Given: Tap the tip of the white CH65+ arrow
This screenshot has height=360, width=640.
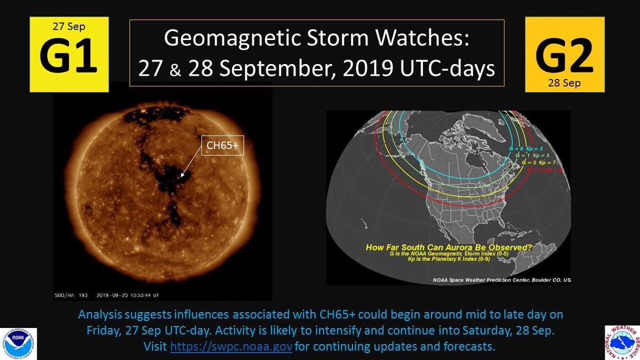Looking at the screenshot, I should pos(182,175).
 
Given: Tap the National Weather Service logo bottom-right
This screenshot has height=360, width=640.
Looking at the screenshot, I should pos(621,342).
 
